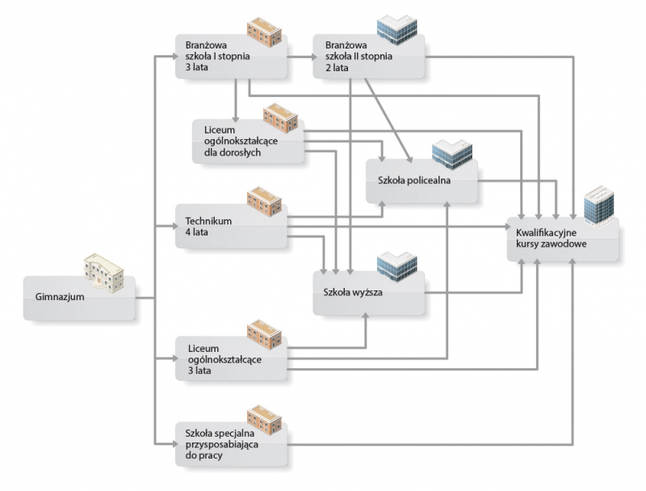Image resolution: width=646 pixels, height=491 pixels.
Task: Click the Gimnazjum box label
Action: point(54,298)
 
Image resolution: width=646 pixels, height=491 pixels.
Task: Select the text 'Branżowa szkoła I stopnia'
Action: point(216,50)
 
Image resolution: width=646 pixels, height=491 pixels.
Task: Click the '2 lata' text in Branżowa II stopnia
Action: point(337,68)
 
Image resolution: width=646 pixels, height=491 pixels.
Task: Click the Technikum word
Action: point(209,221)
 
